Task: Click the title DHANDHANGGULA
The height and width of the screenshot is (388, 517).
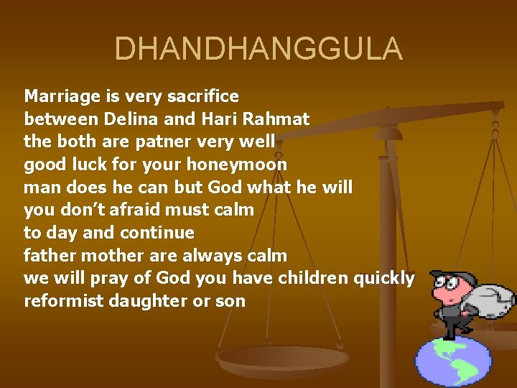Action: pyautogui.click(x=258, y=50)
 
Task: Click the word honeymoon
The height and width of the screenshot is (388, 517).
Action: pyautogui.click(x=236, y=165)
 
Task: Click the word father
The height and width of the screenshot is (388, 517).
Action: pyautogui.click(x=50, y=256)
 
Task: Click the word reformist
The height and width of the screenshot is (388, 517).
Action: pyautogui.click(x=64, y=301)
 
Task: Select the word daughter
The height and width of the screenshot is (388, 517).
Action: pyautogui.click(x=147, y=301)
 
